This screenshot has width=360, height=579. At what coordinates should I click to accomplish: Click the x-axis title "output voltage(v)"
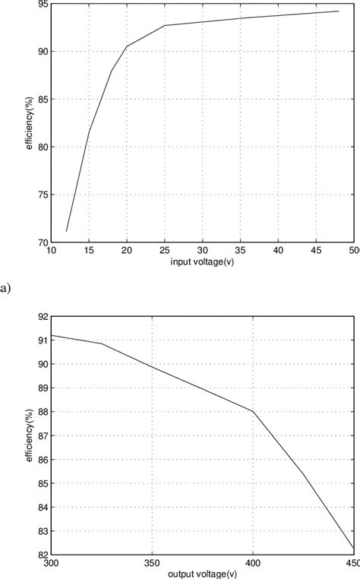coord(203,573)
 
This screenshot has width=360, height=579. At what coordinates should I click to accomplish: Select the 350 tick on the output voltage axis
coord(152,563)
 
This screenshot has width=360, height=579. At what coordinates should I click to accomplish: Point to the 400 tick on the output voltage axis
coord(253,563)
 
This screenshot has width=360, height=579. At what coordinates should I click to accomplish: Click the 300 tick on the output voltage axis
coord(52,563)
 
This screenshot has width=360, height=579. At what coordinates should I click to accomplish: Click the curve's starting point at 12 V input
coord(67,231)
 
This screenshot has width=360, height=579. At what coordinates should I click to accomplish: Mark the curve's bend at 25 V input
coord(165,26)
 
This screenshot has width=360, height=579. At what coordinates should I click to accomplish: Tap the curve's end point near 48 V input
coord(339,11)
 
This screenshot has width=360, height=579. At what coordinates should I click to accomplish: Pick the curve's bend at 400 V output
coord(253,412)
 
